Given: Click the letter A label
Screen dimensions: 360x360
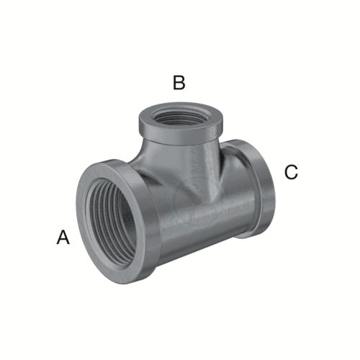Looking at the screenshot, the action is tap(63, 238).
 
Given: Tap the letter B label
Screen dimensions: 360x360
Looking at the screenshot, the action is tap(179, 83).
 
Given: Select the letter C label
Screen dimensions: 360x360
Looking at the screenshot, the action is tap(291, 172).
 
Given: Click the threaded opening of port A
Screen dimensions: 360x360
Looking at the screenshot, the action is tap(109, 222).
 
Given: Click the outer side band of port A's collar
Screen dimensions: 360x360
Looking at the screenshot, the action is tap(149, 216).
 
